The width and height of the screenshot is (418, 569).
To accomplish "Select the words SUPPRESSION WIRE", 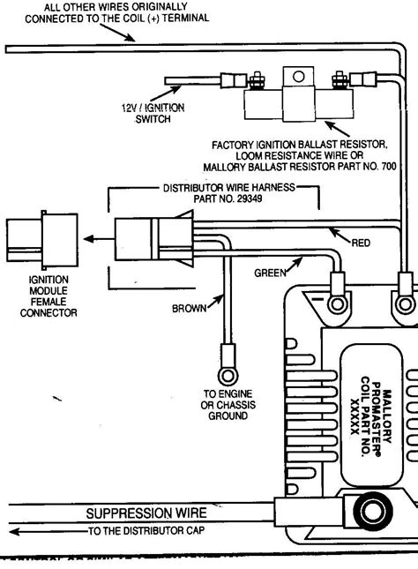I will coord(147,513).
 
